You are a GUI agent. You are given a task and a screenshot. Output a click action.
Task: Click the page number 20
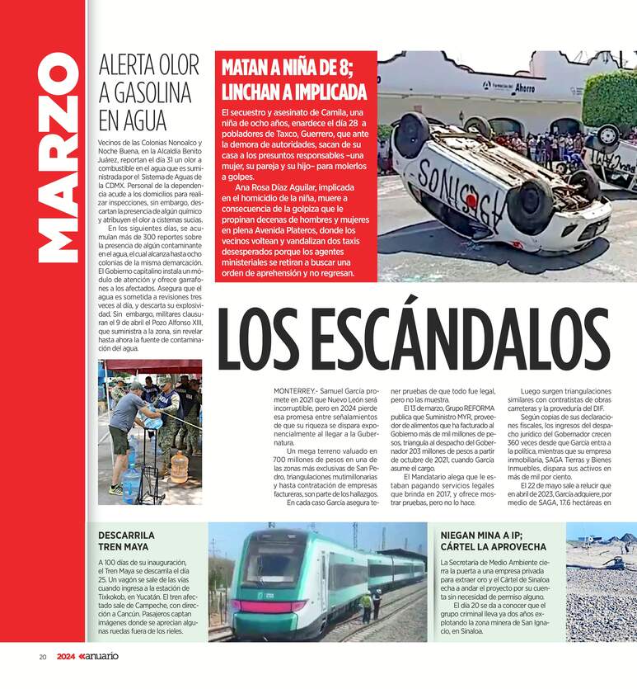pos(42,657)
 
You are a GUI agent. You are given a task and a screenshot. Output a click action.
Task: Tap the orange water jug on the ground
pos(179,466)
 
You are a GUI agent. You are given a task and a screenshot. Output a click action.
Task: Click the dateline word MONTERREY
pos(295,390)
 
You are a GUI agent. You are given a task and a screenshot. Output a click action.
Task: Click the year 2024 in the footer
pos(67,657)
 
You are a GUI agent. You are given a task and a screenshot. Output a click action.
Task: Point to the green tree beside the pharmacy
pos(609,99)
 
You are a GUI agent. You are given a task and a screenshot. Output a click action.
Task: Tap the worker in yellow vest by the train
pos(366,606)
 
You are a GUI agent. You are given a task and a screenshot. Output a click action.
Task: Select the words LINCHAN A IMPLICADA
pos(293,90)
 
